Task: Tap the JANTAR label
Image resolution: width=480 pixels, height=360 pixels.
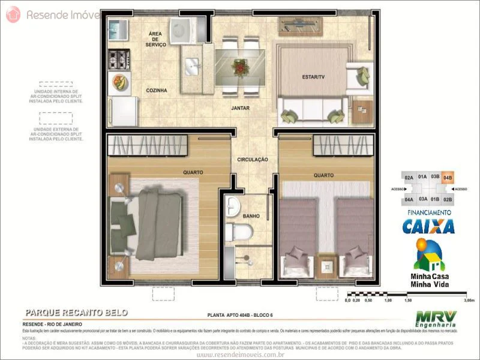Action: (x=240, y=109)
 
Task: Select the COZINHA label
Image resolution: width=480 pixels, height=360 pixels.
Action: (x=156, y=91)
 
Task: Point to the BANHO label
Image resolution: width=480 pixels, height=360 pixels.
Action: (x=251, y=216)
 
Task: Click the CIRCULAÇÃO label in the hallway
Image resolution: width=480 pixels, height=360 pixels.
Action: (x=251, y=160)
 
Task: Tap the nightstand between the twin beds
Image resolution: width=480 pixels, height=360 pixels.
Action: (x=328, y=264)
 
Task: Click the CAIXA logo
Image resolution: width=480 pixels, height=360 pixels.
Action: (x=428, y=226)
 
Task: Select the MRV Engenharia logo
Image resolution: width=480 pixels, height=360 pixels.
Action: (x=436, y=319)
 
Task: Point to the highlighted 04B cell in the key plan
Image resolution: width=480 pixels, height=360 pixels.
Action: (x=448, y=178)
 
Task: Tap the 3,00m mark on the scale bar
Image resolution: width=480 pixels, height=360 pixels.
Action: (x=460, y=301)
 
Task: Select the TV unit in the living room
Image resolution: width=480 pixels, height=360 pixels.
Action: (x=301, y=26)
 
